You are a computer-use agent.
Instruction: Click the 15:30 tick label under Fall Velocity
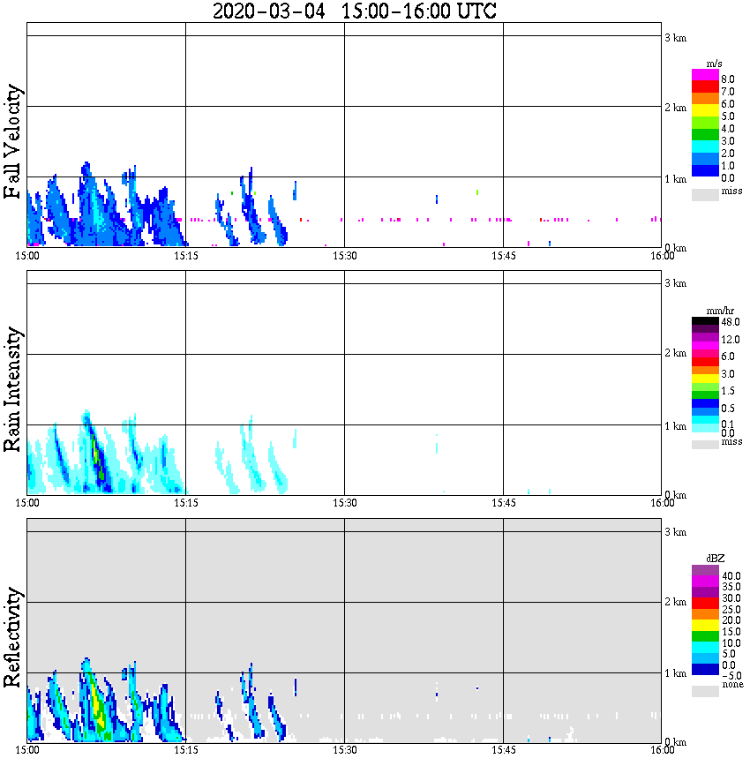pyautogui.click(x=344, y=255)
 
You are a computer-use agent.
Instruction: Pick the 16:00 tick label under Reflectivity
pyautogui.click(x=663, y=750)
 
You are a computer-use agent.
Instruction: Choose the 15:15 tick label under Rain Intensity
pyautogui.click(x=185, y=502)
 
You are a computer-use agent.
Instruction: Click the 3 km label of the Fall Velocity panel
pyautogui.click(x=675, y=37)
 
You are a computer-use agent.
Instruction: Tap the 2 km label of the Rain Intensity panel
pyautogui.click(x=675, y=354)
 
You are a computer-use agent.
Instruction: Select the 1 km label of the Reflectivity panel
pyautogui.click(x=675, y=673)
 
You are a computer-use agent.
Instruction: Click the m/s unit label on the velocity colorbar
pyautogui.click(x=715, y=64)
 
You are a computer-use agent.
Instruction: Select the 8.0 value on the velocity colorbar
pyautogui.click(x=727, y=79)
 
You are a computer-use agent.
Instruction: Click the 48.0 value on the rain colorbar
pyautogui.click(x=729, y=323)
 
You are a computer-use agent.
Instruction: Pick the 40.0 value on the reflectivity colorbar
pyautogui.click(x=729, y=575)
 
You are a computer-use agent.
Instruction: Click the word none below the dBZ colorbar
pyautogui.click(x=731, y=685)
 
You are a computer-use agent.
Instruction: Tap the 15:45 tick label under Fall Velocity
pyautogui.click(x=503, y=255)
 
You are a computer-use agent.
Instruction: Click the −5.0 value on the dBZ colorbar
pyautogui.click(x=729, y=674)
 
